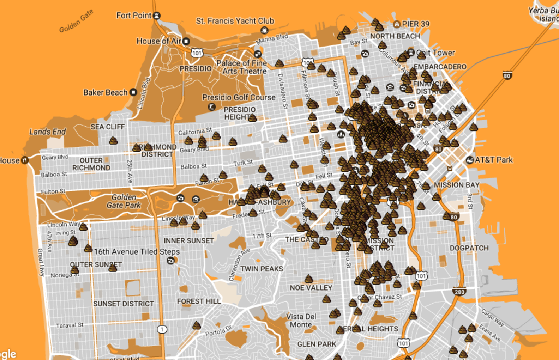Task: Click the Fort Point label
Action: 134,16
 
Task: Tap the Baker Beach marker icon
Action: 133,92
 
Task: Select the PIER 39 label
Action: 415,24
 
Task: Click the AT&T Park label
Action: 493,160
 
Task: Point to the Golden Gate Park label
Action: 124,201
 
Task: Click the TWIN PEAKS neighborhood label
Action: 262,269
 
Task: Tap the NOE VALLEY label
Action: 311,288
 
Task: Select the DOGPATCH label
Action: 469,248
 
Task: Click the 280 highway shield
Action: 459,292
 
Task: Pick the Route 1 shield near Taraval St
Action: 162,329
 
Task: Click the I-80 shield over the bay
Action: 507,76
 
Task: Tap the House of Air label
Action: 158,41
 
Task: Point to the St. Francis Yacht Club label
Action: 235,21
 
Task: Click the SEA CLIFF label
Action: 108,127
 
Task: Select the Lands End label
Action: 47,132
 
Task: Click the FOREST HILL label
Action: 199,301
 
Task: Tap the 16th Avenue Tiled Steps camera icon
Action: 171,261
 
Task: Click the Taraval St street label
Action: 70,325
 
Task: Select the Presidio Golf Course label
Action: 239,98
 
